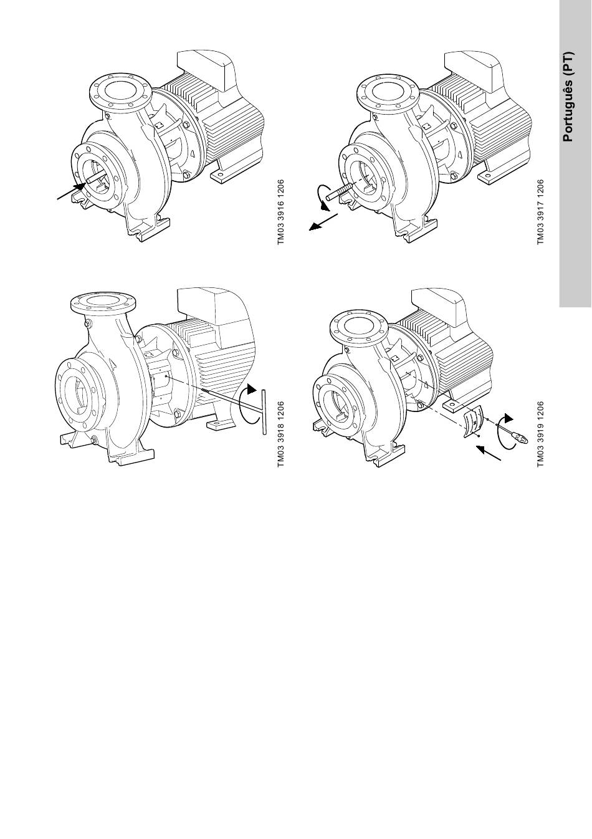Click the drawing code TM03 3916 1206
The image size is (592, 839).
point(281,213)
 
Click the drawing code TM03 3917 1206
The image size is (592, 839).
point(540,213)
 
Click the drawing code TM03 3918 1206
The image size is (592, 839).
point(281,434)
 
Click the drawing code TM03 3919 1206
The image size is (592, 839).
point(540,434)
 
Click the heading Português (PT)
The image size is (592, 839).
point(568,97)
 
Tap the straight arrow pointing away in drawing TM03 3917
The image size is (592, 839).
point(323,222)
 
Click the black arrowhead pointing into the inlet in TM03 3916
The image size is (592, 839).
point(79,186)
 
